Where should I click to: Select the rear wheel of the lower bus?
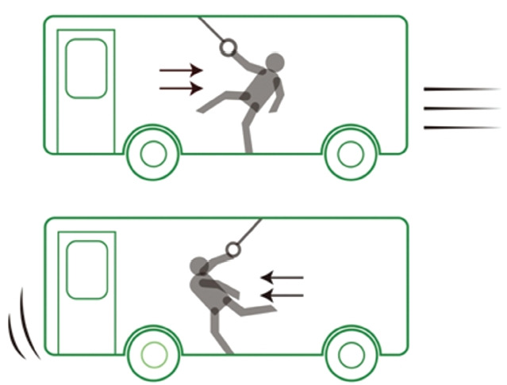[x=153, y=353]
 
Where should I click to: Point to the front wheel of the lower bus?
[x=349, y=353]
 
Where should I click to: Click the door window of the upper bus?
[x=86, y=69]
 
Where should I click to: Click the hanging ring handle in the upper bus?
[x=228, y=48]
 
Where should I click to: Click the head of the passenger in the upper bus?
[x=274, y=63]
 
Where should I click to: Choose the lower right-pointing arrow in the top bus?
[x=181, y=87]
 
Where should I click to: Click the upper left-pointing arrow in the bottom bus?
[x=282, y=278]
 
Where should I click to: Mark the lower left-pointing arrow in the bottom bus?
[x=282, y=295]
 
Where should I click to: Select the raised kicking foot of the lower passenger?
[x=273, y=307]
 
